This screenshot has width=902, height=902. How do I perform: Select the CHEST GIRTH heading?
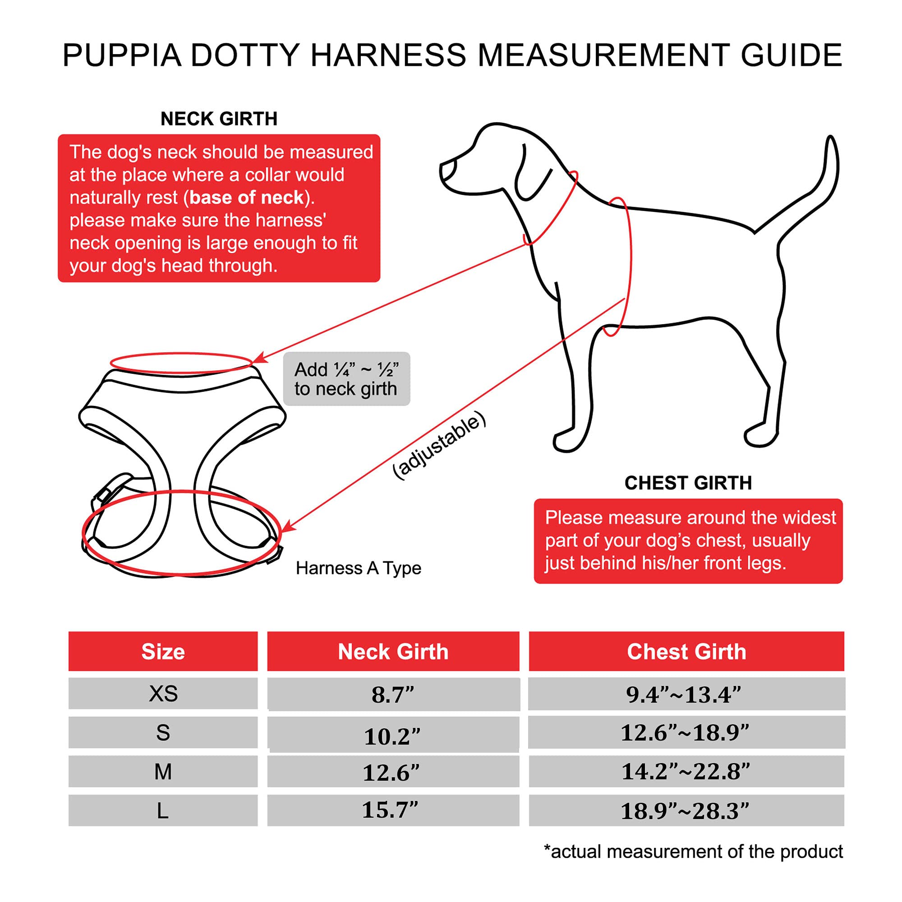[688, 483]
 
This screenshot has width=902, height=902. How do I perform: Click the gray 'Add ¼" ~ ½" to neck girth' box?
[346, 379]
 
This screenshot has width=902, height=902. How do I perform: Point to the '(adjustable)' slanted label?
[439, 445]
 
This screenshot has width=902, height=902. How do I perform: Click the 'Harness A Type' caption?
[358, 568]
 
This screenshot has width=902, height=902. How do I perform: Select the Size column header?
[163, 651]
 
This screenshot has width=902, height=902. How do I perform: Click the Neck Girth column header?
[393, 651]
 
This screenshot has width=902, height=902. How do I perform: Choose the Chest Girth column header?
[686, 651]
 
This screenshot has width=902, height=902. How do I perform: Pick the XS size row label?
[163, 693]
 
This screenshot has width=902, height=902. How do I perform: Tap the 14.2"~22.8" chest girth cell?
[685, 771]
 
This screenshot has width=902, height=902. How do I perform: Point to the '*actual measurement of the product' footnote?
[693, 851]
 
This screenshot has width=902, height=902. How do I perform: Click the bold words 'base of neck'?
[247, 198]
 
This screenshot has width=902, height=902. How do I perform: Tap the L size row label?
[163, 811]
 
